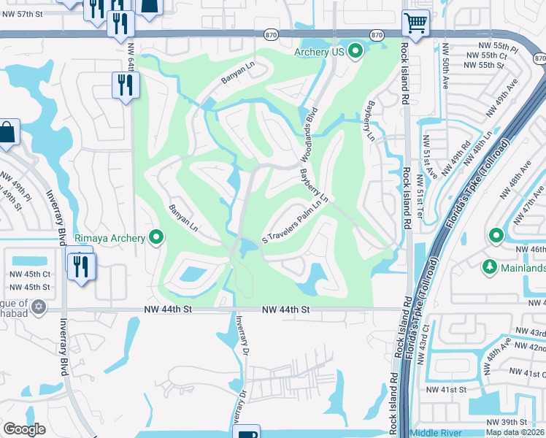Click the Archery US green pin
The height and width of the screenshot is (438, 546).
pyautogui.click(x=355, y=51)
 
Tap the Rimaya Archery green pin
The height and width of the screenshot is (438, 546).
pyautogui.click(x=155, y=237)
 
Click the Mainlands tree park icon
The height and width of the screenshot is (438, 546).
pyautogui.click(x=490, y=268)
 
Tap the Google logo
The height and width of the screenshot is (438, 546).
pyautogui.click(x=24, y=429)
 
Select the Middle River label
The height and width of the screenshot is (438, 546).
pyautogui.click(x=437, y=433)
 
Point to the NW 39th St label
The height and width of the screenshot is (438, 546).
pyautogui.click(x=507, y=422)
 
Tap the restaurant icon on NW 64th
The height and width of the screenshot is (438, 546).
pyautogui.click(x=126, y=85)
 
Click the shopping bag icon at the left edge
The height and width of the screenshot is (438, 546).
pyautogui.click(x=7, y=132)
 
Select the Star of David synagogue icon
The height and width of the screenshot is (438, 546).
pyautogui.click(x=39, y=310)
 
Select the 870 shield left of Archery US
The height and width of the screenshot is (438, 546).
pyautogui.click(x=272, y=34)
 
